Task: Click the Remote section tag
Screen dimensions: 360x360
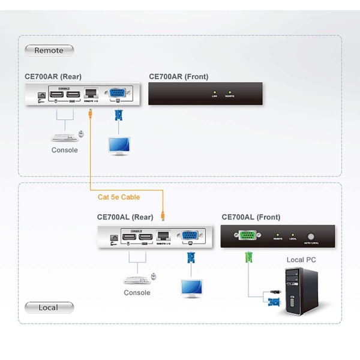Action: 49,50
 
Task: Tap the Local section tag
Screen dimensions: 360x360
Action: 49,308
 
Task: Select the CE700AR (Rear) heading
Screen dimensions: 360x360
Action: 53,77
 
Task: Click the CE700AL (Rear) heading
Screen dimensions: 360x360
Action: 125,217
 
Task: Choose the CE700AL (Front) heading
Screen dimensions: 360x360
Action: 251,217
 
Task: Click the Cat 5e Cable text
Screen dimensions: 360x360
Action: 119,197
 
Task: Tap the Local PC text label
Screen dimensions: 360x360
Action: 301,260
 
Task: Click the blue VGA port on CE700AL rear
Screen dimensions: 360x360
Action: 190,236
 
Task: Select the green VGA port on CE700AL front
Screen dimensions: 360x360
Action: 247,236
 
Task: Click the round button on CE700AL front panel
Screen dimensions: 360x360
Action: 311,236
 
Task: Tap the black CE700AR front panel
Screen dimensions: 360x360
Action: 205,94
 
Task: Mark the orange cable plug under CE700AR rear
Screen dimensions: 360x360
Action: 89,112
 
